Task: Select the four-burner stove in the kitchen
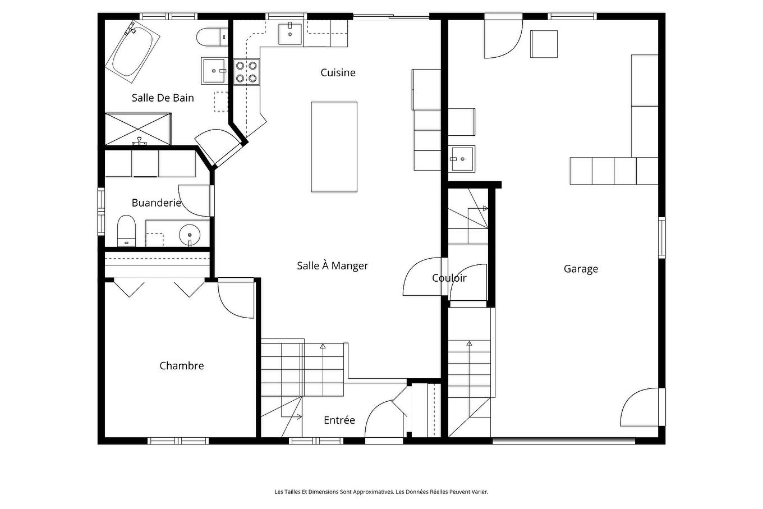pyautogui.click(x=246, y=72)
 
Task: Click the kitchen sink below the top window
pyautogui.click(x=290, y=34)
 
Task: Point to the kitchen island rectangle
pyautogui.click(x=334, y=147)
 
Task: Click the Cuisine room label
pyautogui.click(x=338, y=72)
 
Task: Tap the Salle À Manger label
pyautogui.click(x=332, y=266)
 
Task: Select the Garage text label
pyautogui.click(x=581, y=269)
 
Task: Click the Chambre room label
pyautogui.click(x=181, y=366)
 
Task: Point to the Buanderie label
pyautogui.click(x=156, y=203)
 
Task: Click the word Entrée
pyautogui.click(x=339, y=420)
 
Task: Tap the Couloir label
pyautogui.click(x=449, y=278)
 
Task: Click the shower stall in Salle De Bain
pyautogui.click(x=138, y=129)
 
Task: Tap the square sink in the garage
pyautogui.click(x=461, y=159)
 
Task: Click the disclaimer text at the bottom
pyautogui.click(x=381, y=492)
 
